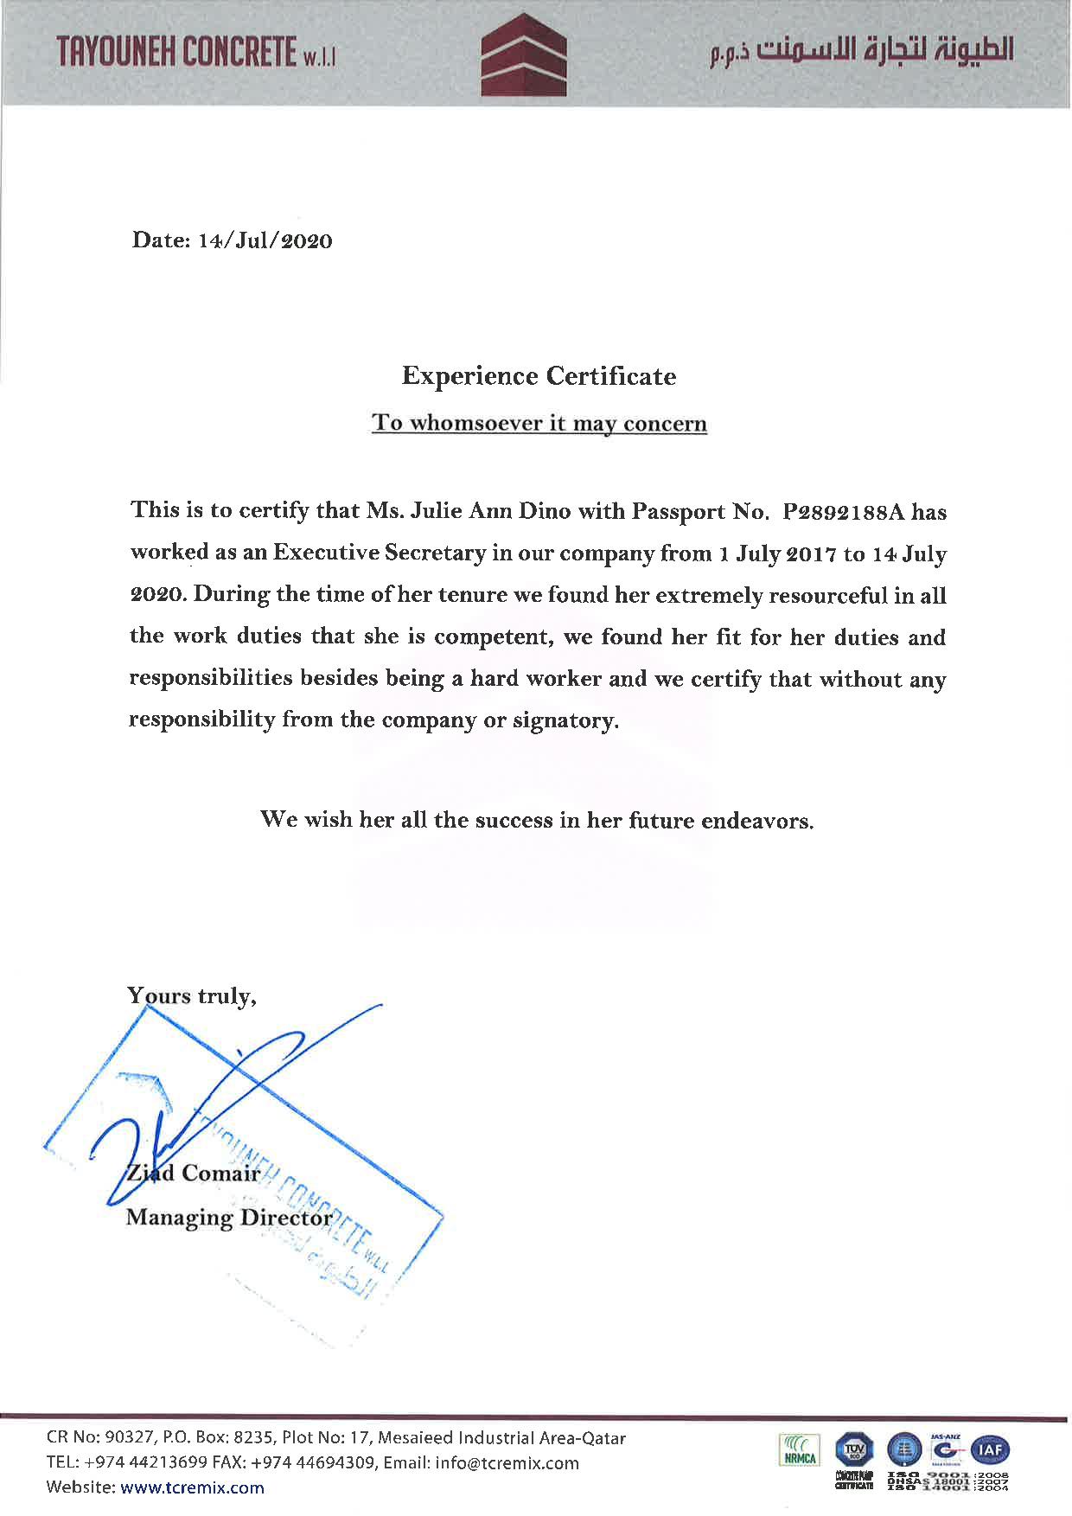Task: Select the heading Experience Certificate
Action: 539,376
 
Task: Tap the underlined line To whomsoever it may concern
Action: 539,424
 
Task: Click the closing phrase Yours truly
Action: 191,996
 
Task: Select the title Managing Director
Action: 229,1218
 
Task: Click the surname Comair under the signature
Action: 220,1174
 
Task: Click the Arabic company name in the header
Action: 861,51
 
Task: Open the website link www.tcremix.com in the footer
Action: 192,1487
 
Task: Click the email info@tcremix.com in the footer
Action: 507,1463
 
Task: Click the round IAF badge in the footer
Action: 990,1449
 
